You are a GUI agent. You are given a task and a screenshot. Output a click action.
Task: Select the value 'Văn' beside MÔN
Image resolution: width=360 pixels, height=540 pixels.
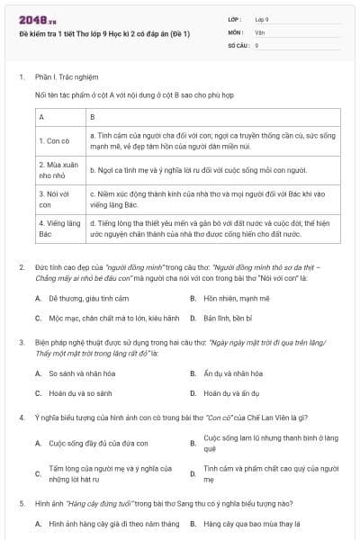(258, 31)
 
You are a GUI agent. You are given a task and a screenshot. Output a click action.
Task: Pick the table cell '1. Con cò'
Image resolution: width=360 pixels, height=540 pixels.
(55, 140)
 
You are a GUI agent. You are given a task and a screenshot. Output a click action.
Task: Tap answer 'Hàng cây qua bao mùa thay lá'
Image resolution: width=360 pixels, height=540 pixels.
(251, 522)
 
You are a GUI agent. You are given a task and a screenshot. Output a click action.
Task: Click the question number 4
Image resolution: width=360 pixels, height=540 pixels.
(21, 418)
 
